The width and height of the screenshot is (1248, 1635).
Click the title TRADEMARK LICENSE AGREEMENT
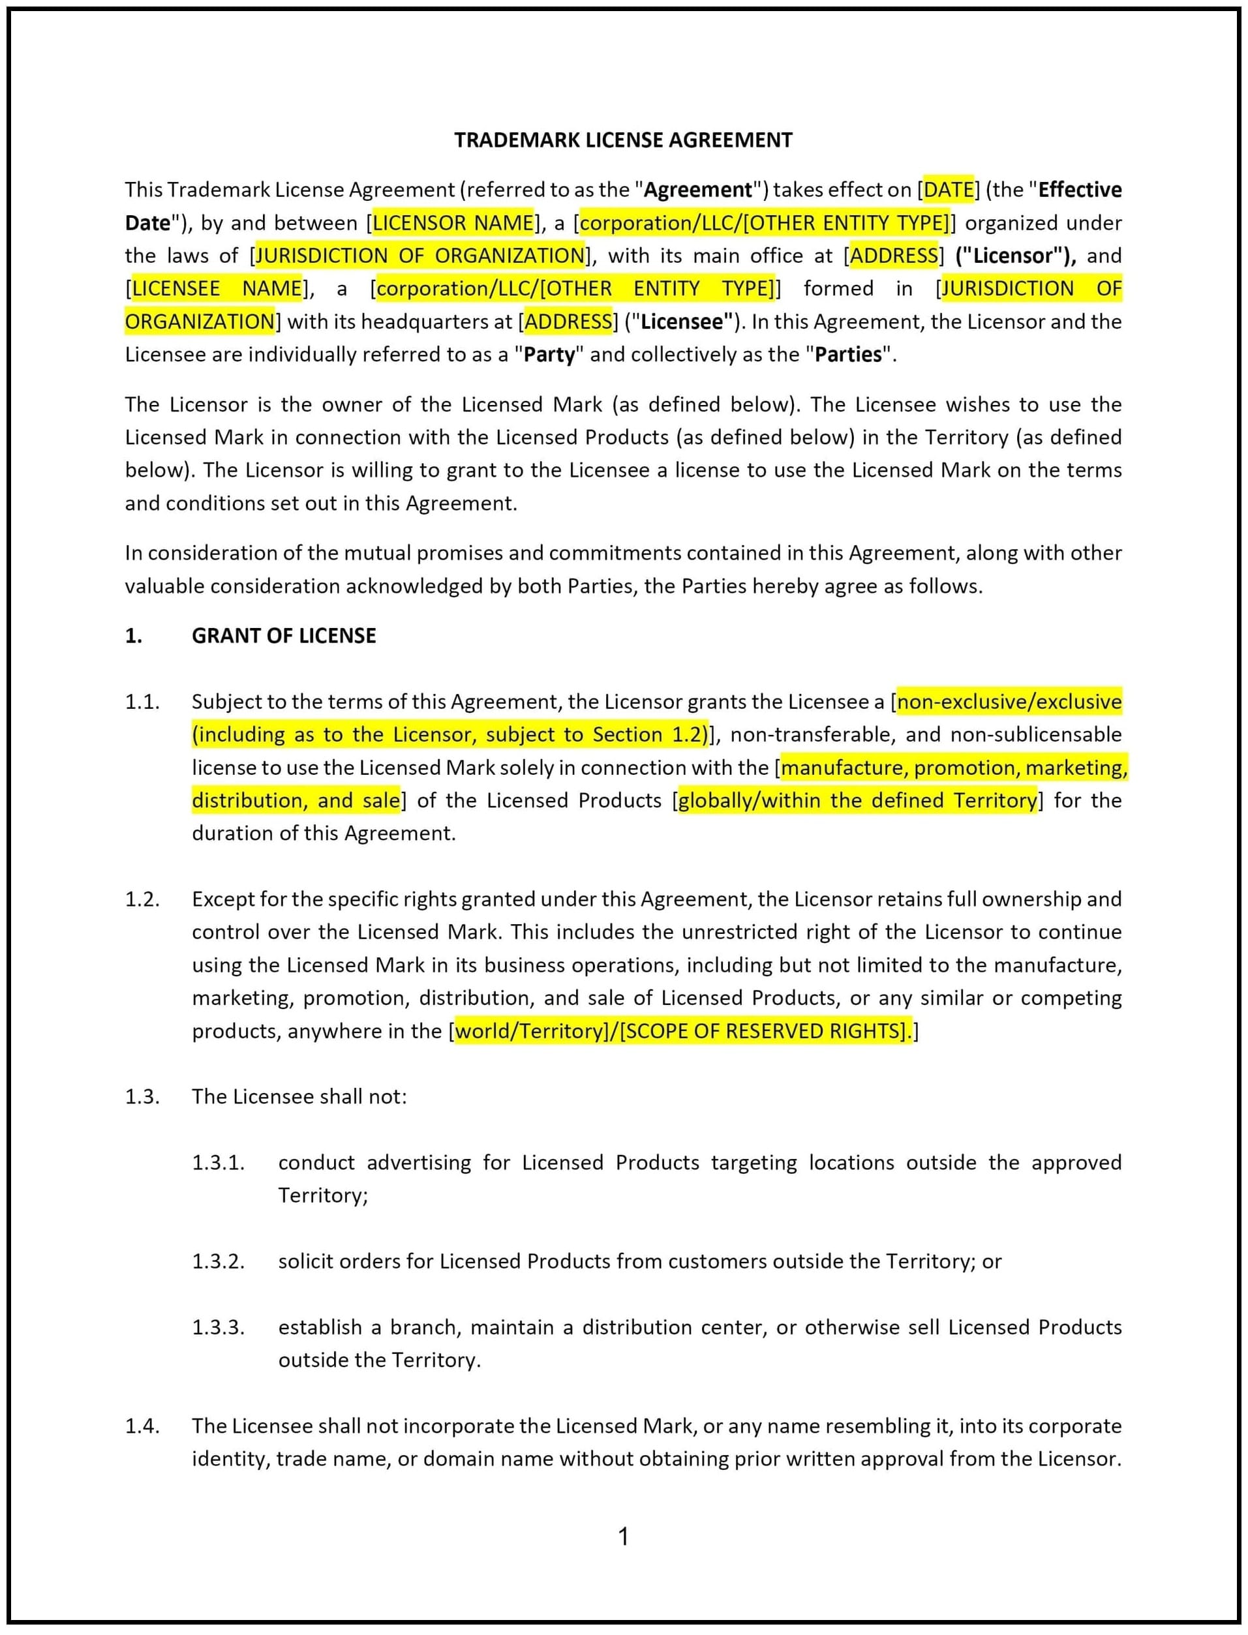623,140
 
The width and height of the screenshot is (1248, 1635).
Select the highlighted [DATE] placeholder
949,190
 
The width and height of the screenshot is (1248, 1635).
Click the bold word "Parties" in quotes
847,355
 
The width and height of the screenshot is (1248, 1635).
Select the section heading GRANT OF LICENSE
284,636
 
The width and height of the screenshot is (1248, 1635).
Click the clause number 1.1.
142,702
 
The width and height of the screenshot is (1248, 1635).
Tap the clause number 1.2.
142,899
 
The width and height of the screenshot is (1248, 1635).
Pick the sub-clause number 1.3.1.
218,1163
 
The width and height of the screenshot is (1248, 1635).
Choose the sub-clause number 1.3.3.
218,1328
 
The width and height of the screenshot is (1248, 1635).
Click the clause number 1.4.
142,1426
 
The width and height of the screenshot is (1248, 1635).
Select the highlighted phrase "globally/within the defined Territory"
857,800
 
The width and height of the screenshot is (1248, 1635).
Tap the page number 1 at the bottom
624,1537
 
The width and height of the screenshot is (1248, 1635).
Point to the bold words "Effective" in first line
1080,190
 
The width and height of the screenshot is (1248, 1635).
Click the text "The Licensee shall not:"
299,1097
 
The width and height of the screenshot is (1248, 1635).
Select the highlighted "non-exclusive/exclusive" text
1009,702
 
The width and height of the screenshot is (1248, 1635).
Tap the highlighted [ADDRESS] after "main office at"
894,256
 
